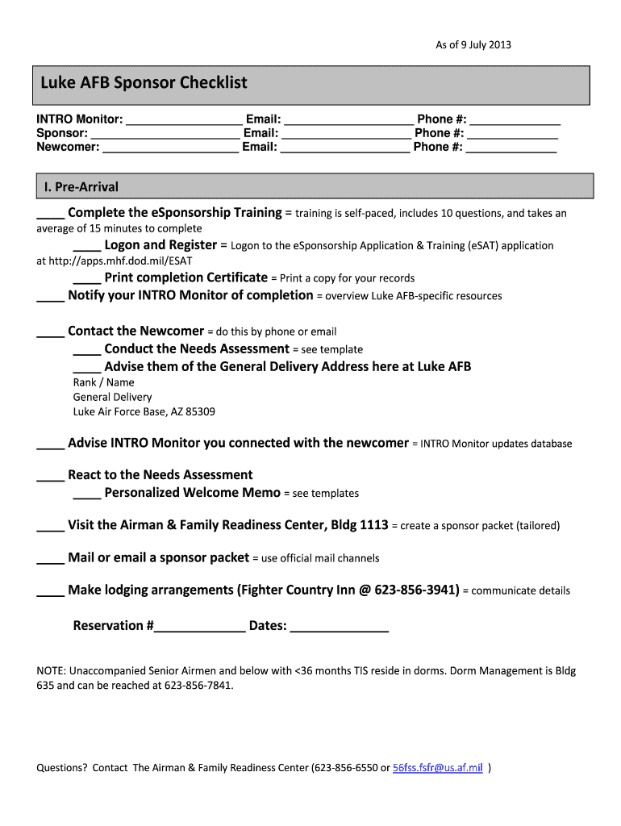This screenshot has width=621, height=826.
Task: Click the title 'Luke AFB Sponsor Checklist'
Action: [x=144, y=83]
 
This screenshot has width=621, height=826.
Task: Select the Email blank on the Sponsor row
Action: [x=346, y=134]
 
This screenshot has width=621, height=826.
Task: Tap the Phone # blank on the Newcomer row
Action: [x=511, y=148]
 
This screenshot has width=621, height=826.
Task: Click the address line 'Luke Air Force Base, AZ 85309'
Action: [x=144, y=411]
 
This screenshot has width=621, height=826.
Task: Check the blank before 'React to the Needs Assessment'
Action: [x=51, y=476]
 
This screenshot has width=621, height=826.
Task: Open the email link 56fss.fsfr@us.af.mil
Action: [x=437, y=768]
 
